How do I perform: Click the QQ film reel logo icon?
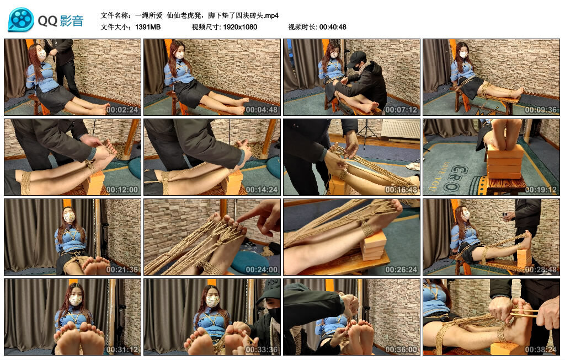pyautogui.click(x=21, y=20)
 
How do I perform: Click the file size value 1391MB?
pyautogui.click(x=148, y=27)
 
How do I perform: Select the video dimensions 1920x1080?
pyautogui.click(x=240, y=27)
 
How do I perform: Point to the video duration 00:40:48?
pyautogui.click(x=333, y=27)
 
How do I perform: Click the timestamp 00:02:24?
pyautogui.click(x=121, y=110)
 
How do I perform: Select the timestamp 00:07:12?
pyautogui.click(x=401, y=110)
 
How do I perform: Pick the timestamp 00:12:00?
pyautogui.click(x=121, y=190)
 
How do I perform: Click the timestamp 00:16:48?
pyautogui.click(x=401, y=190)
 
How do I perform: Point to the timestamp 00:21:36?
pyautogui.click(x=121, y=270)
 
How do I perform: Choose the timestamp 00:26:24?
pyautogui.click(x=401, y=270)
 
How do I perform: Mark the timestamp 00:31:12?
pyautogui.click(x=121, y=350)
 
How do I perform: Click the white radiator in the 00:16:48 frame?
pyautogui.click(x=400, y=130)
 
